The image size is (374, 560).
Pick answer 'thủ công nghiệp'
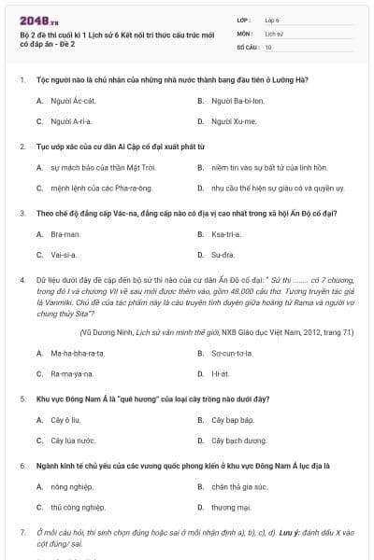[79, 507]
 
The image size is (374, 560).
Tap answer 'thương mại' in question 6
[231, 507]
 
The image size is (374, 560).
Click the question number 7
[22, 532]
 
